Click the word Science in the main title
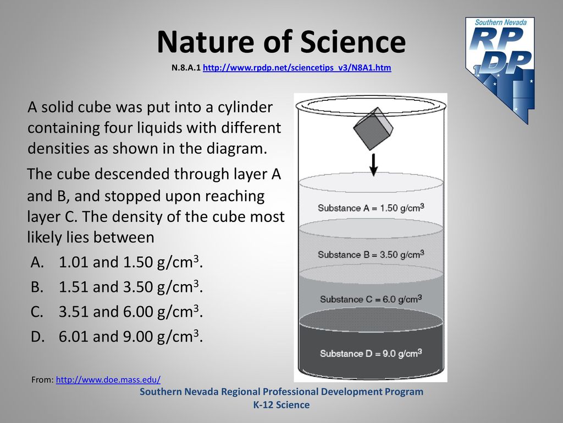click(x=353, y=42)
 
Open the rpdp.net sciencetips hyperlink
click(x=297, y=68)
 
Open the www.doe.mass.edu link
click(x=108, y=379)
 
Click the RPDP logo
click(x=500, y=70)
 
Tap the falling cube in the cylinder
click(x=373, y=128)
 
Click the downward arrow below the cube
click(x=374, y=165)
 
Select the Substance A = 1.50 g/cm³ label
click(x=371, y=208)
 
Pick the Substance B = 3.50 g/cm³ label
click(x=371, y=254)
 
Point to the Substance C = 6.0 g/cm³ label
click(x=371, y=299)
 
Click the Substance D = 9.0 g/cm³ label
click(x=371, y=353)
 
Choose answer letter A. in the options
click(x=37, y=262)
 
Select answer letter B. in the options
click(x=37, y=287)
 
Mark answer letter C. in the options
click(x=37, y=312)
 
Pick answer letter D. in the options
click(x=37, y=337)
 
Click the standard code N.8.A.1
click(x=186, y=68)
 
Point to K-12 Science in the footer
click(x=281, y=405)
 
